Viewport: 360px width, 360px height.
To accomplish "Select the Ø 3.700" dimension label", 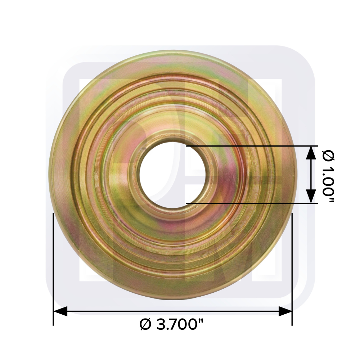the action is click(x=171, y=324).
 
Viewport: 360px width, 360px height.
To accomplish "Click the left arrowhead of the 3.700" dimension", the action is click(x=60, y=311).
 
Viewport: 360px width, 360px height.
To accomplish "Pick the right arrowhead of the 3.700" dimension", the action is click(x=285, y=311).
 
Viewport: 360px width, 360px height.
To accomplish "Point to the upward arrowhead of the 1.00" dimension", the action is click(x=311, y=153).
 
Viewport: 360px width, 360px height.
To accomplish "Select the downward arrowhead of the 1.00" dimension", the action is click(x=311, y=197).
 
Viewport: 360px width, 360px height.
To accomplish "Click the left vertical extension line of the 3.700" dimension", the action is click(x=53, y=269).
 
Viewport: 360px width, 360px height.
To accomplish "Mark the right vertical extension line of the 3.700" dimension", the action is click(x=292, y=269).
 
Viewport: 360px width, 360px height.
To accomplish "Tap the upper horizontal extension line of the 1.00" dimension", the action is click(x=252, y=146).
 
